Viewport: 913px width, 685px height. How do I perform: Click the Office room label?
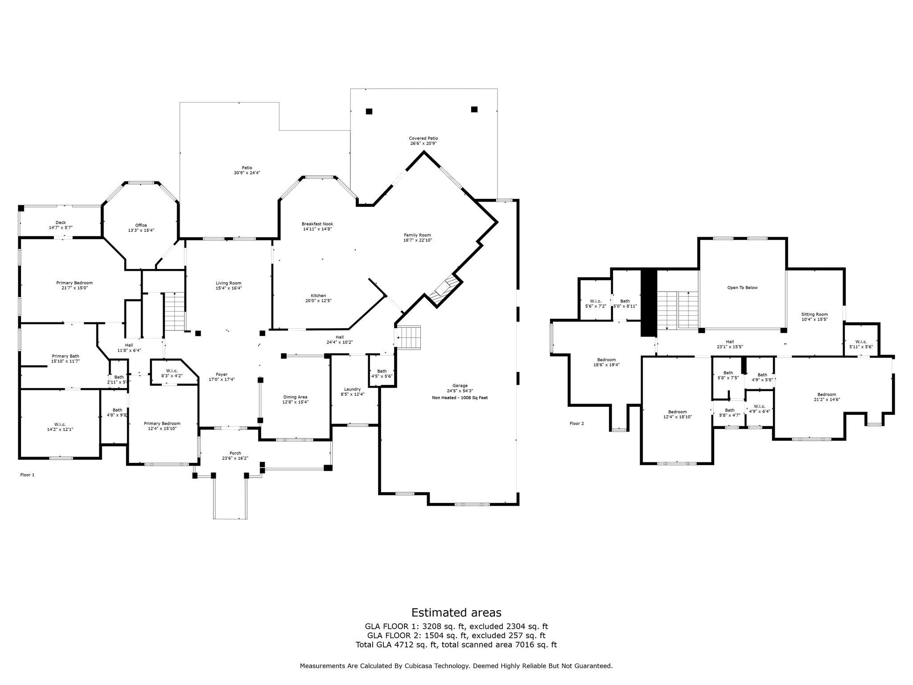[141, 225]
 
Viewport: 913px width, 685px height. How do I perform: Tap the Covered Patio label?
[423, 138]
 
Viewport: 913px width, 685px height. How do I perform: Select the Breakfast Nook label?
[317, 224]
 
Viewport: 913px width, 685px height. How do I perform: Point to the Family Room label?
[417, 235]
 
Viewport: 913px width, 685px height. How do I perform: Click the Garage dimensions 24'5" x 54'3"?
[460, 391]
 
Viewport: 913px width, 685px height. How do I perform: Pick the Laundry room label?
[352, 389]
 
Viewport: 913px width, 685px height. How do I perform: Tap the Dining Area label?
[295, 397]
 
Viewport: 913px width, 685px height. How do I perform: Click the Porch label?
[235, 453]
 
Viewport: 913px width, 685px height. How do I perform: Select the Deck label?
[61, 223]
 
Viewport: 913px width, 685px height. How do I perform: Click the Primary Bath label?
[66, 356]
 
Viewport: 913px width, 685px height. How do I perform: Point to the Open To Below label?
[742, 288]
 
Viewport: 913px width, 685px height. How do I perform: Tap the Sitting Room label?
[814, 314]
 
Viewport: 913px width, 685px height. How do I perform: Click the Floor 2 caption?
[576, 423]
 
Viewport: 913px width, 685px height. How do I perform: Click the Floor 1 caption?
[27, 475]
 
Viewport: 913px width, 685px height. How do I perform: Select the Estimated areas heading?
[456, 612]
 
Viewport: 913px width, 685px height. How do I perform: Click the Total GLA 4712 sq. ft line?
[456, 645]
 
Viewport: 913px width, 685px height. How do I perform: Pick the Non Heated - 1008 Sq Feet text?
[460, 397]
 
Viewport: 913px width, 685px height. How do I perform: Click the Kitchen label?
[318, 296]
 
